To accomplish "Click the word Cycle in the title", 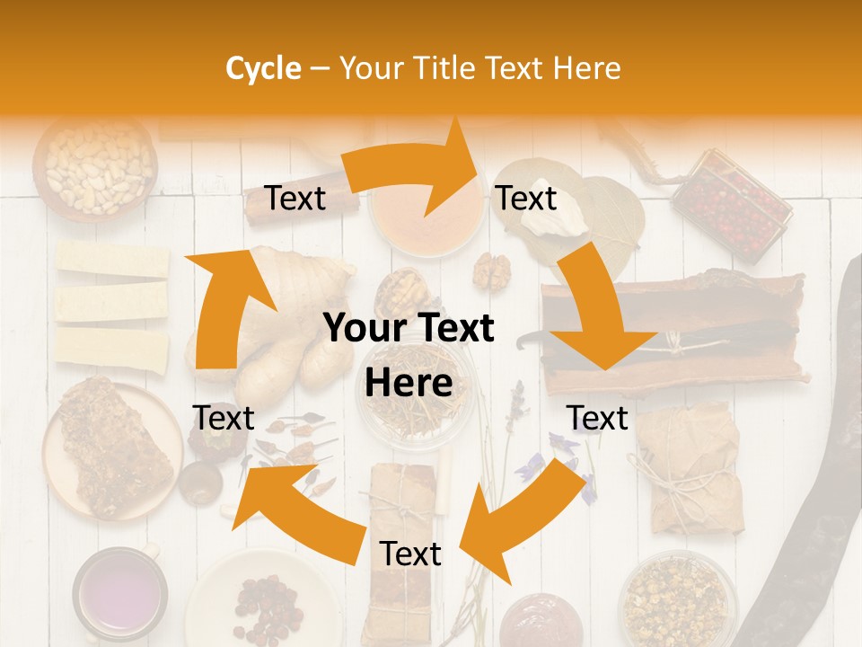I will [x=263, y=68].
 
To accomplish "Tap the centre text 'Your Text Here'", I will [x=409, y=356].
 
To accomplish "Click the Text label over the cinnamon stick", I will [x=295, y=198].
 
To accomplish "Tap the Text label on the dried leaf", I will [x=526, y=198].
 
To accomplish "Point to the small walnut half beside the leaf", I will [x=491, y=270].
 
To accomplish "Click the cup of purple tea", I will [x=119, y=594].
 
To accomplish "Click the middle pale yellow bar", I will [x=111, y=303].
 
